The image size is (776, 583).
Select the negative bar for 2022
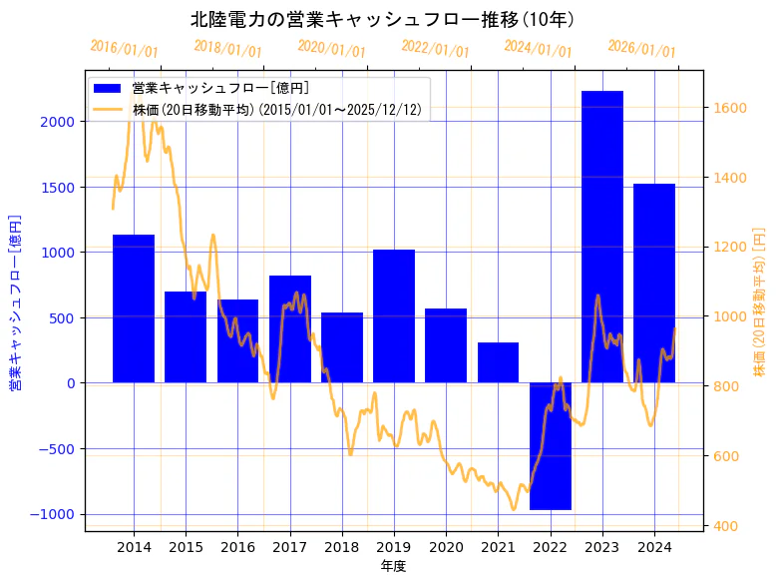[550, 445]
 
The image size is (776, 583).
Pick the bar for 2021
[498, 362]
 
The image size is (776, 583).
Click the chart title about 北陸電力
[382, 20]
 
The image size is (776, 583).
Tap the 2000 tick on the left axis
[57, 122]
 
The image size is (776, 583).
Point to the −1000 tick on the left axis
[53, 514]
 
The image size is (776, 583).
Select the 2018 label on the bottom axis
[341, 547]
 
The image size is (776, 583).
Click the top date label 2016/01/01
[124, 48]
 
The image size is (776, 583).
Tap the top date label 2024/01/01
[538, 48]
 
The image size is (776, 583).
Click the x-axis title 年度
[393, 566]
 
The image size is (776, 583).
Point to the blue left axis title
[15, 301]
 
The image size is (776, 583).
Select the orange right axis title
[759, 301]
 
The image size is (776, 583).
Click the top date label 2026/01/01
[641, 48]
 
